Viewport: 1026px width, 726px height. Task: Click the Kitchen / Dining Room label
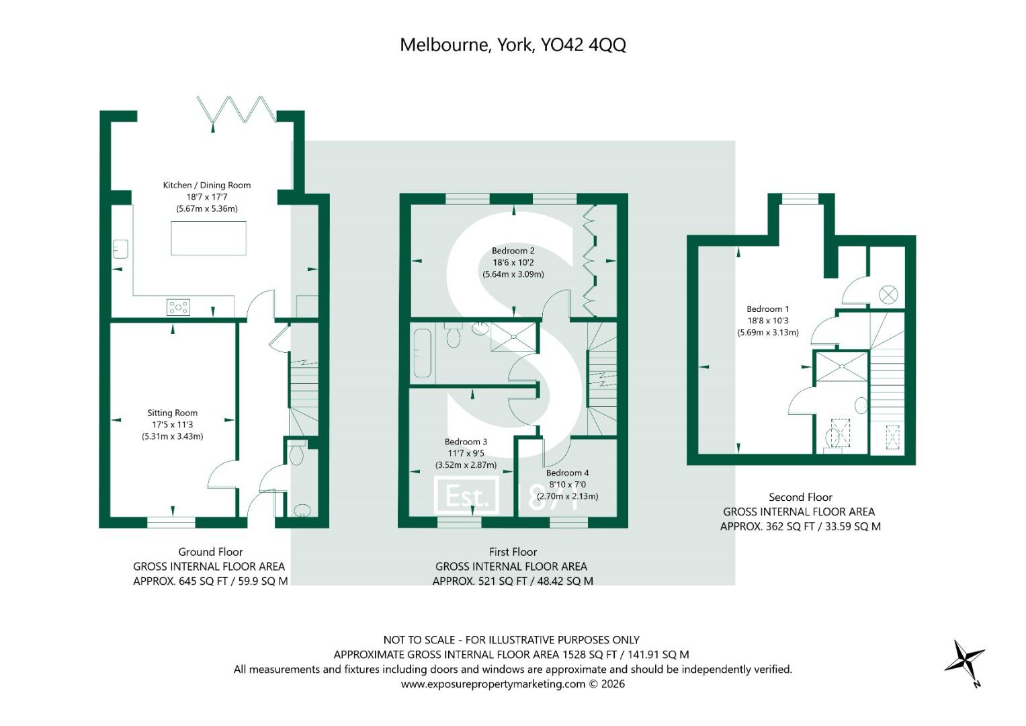207,185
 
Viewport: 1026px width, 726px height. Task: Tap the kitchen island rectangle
208,239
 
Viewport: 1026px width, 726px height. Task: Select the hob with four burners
178,307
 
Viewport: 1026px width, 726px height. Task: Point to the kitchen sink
120,249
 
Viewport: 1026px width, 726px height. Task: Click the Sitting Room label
172,413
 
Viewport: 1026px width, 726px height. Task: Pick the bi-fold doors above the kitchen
237,110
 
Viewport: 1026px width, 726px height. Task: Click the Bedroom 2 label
513,251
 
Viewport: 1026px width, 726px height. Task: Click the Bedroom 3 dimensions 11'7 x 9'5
466,453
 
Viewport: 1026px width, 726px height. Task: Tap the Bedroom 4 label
568,473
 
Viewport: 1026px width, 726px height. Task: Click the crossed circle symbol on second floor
888,294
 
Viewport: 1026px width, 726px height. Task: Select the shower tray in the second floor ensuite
842,366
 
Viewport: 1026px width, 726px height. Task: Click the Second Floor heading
800,497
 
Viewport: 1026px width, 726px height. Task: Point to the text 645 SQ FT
203,581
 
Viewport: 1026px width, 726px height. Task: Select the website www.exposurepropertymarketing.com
493,684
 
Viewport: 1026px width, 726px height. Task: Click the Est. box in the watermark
466,495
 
